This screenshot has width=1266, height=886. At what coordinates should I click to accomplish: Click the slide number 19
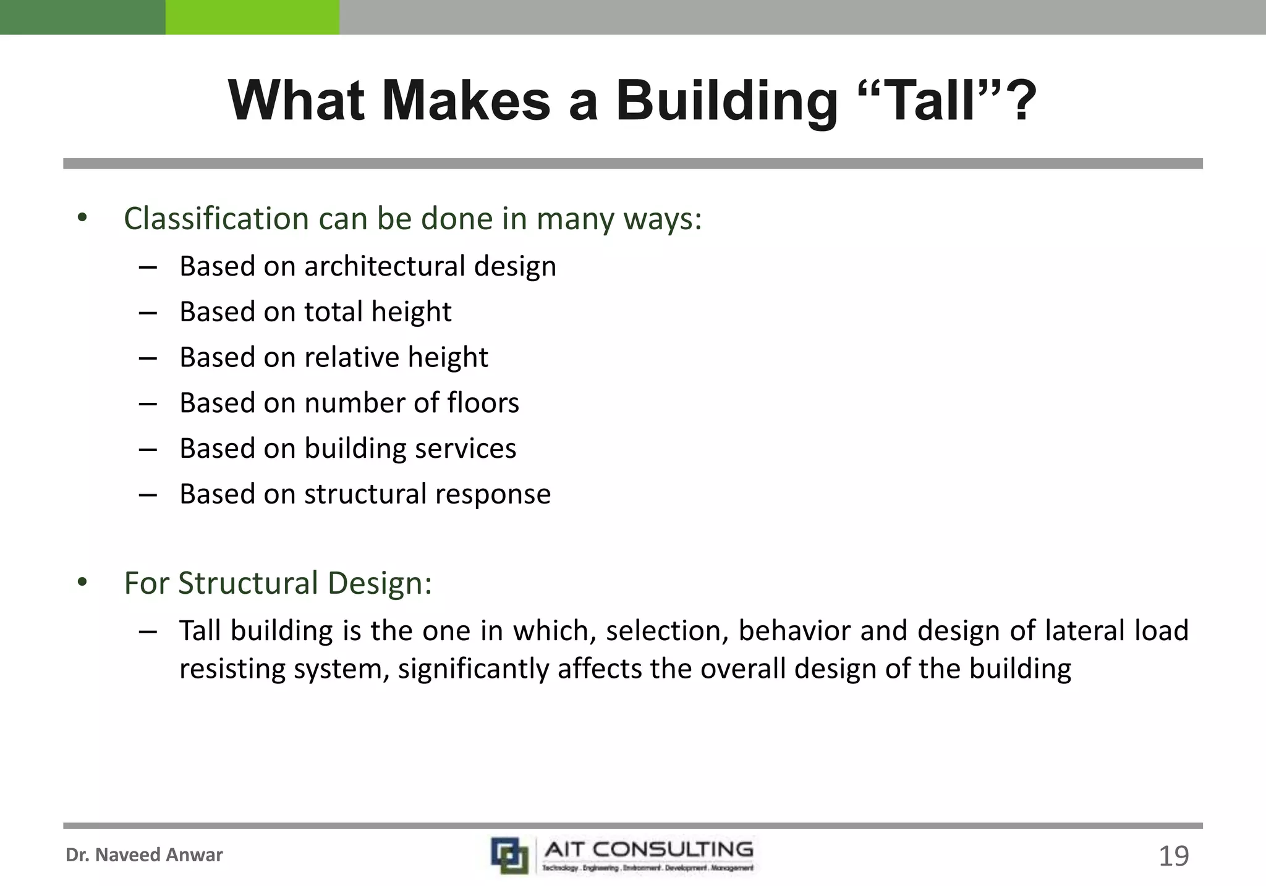[1173, 856]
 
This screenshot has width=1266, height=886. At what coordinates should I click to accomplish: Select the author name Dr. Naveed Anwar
[144, 855]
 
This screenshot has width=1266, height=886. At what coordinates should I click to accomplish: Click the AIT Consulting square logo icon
[510, 855]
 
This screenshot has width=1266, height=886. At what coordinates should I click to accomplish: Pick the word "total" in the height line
[333, 311]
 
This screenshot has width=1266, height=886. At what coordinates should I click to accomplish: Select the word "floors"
[483, 403]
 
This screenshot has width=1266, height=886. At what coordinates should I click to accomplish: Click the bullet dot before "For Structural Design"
[82, 583]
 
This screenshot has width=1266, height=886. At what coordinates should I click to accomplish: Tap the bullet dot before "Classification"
[82, 218]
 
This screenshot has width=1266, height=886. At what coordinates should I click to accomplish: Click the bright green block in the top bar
[252, 17]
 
